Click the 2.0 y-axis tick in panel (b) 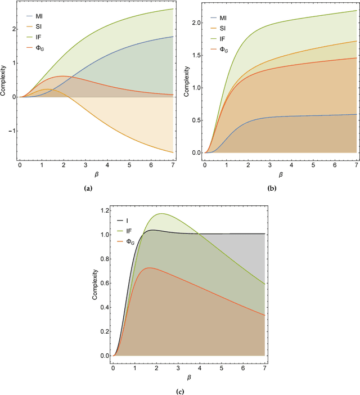pyautogui.click(x=196, y=23)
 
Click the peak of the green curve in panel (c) pyautogui.click(x=163, y=214)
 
